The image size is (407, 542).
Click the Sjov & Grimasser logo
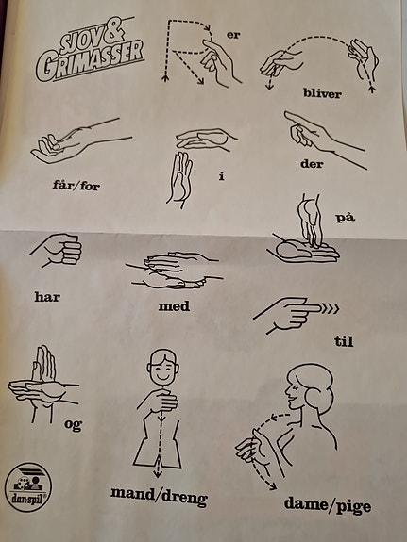coord(90,50)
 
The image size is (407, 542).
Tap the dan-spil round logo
coord(28,487)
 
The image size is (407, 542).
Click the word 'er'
coord(233,35)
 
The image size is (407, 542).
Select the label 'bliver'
coord(322,93)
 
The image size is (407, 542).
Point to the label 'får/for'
coord(76,185)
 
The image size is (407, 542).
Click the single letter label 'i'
coord(222,176)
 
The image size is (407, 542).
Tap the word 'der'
coord(312,163)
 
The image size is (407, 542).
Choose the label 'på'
coord(346,218)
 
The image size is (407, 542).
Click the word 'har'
coord(47,297)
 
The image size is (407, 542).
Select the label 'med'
coord(174,306)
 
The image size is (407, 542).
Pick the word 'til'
coord(344,341)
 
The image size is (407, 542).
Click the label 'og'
coord(73,424)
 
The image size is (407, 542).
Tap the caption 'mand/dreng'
coord(159,497)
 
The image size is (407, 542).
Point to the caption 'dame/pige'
coord(328,505)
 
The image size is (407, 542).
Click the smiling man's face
coord(163,368)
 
